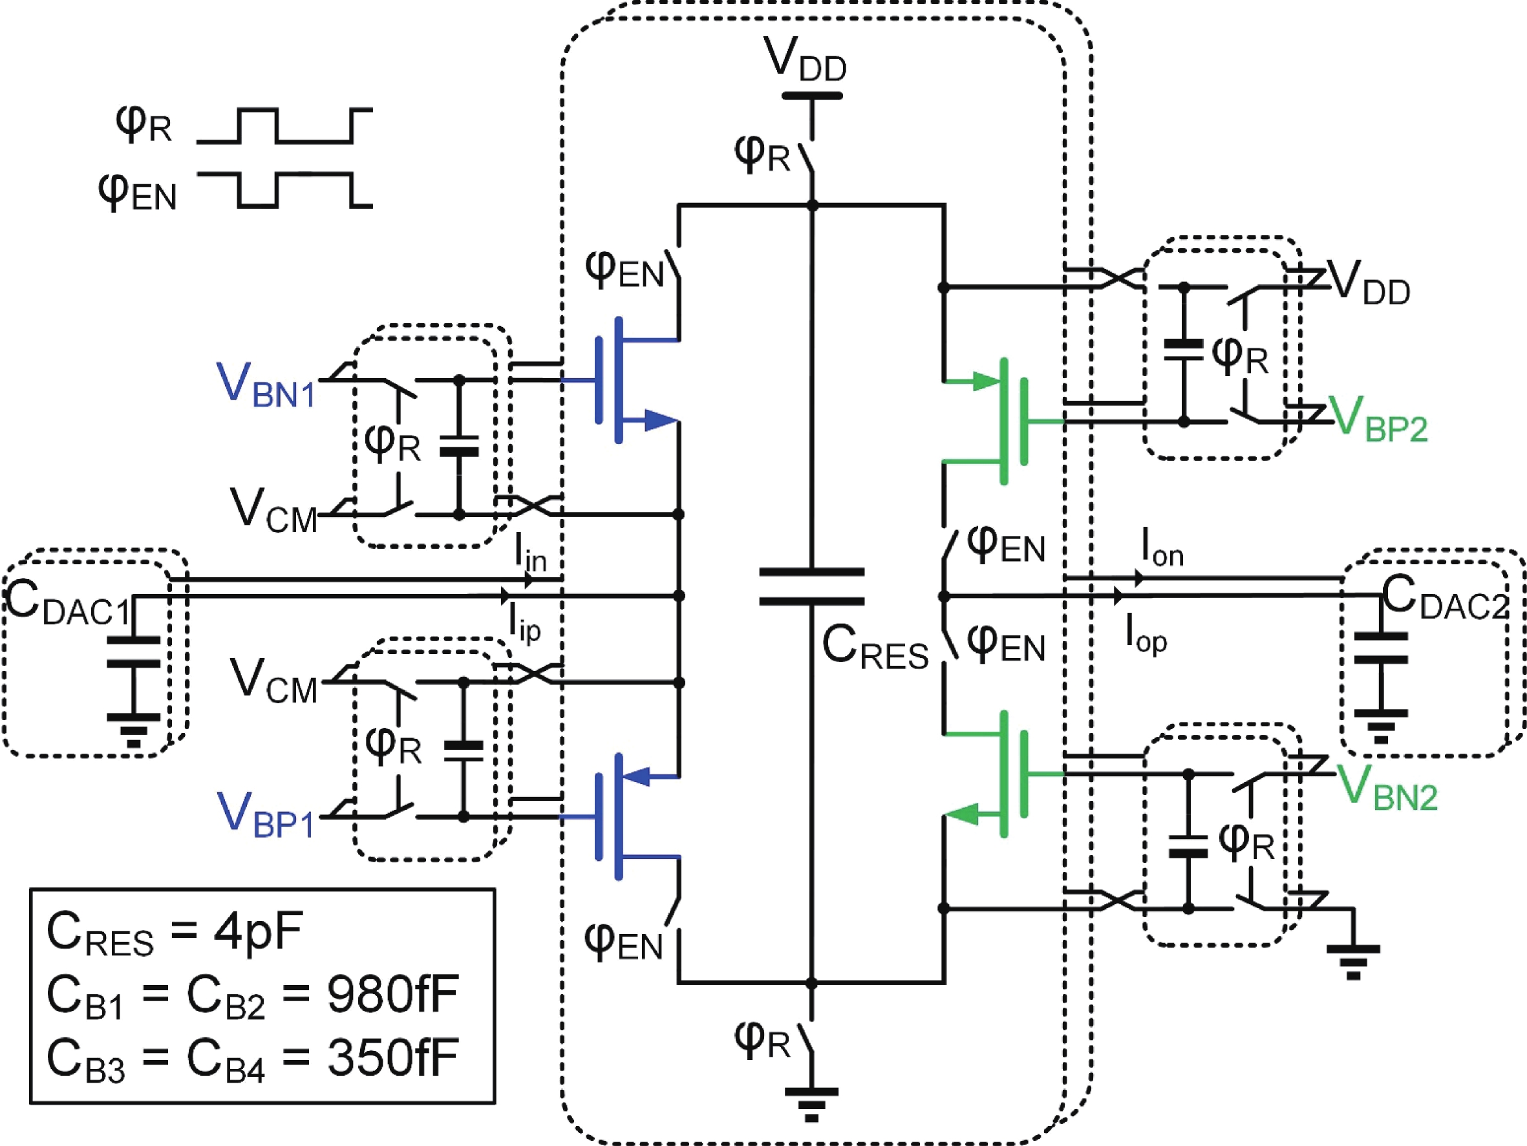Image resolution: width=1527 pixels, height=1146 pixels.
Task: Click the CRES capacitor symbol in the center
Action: coord(811,588)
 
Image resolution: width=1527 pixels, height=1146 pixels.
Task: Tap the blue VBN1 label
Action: coord(266,385)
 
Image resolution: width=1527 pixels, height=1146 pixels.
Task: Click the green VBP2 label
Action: coord(1377,419)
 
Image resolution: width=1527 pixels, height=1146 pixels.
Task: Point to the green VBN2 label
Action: coord(1386,789)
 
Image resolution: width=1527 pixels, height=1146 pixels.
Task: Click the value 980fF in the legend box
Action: coord(392,995)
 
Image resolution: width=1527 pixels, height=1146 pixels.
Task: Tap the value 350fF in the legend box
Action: coord(392,1057)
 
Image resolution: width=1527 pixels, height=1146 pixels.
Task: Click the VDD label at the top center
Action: coord(805,60)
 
